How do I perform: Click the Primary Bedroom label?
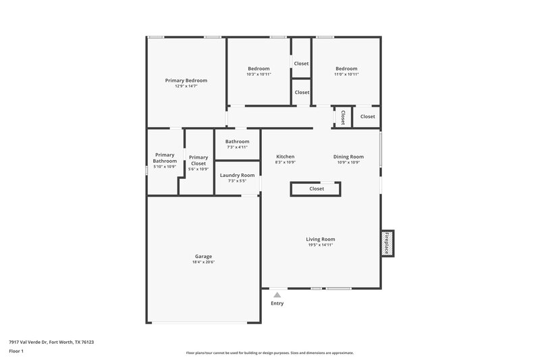186,80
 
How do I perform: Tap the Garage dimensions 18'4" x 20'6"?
203,262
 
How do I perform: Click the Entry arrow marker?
277,294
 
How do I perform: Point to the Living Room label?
321,239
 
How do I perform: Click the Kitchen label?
286,157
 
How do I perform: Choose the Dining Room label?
348,157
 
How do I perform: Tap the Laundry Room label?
238,175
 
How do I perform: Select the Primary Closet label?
198,160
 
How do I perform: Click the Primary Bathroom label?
165,157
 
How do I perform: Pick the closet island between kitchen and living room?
317,189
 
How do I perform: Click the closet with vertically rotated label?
343,117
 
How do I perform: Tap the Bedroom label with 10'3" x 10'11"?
259,68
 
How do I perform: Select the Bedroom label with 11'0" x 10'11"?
346,68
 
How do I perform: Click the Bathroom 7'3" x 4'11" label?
238,141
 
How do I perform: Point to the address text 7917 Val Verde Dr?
51,342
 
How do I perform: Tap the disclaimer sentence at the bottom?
269,353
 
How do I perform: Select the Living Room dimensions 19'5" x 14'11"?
321,245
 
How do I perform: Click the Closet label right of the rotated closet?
367,117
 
